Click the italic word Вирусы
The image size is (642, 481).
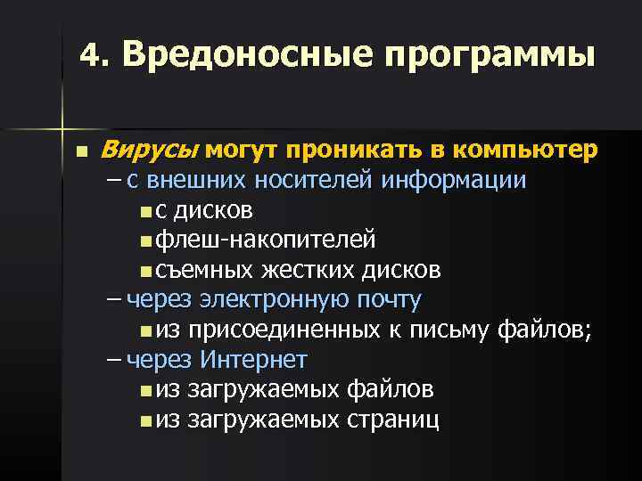coord(152,151)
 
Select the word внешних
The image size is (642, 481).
coord(196,181)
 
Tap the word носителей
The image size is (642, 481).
coord(316,181)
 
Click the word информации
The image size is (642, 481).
coord(453,181)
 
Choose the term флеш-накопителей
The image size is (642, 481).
coord(265,240)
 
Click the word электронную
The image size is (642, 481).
coord(263,300)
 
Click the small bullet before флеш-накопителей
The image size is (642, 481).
coord(145,241)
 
